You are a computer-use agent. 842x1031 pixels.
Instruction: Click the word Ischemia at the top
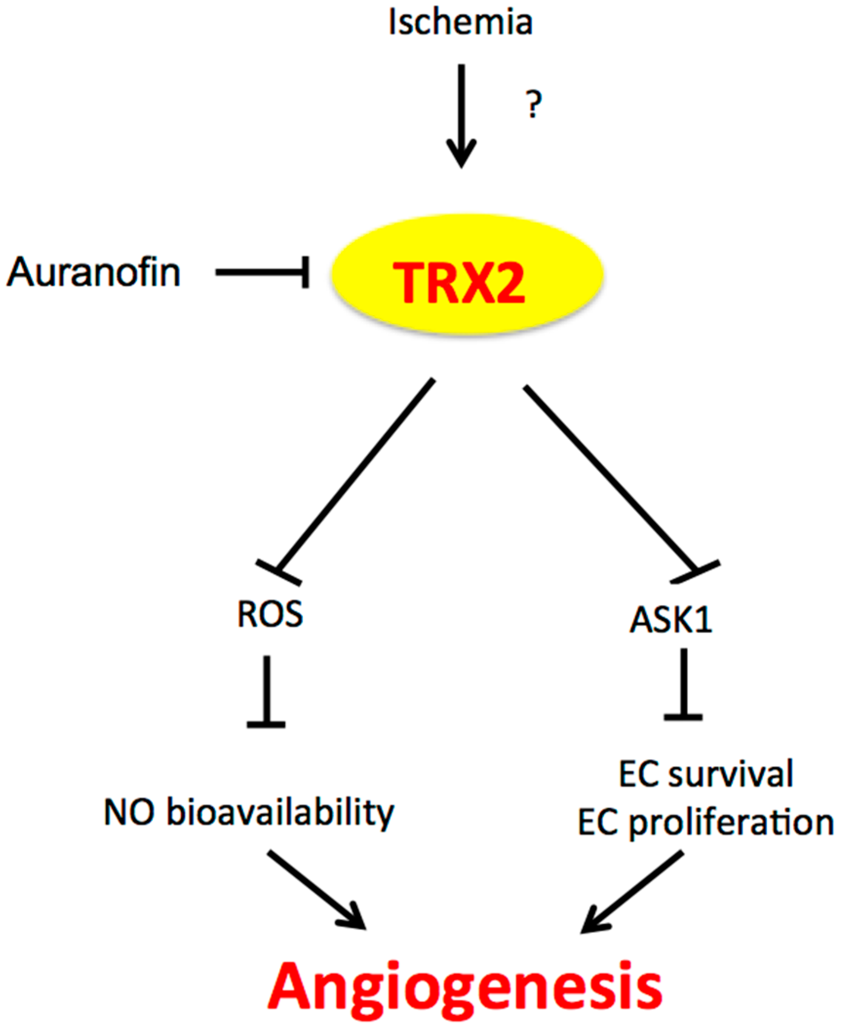(x=460, y=23)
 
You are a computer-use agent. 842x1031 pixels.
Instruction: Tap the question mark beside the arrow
(x=535, y=105)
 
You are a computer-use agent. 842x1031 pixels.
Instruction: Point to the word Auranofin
(x=94, y=273)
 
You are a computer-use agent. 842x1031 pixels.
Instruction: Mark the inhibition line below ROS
(x=267, y=692)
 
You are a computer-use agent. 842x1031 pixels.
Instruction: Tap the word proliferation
(x=731, y=823)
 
